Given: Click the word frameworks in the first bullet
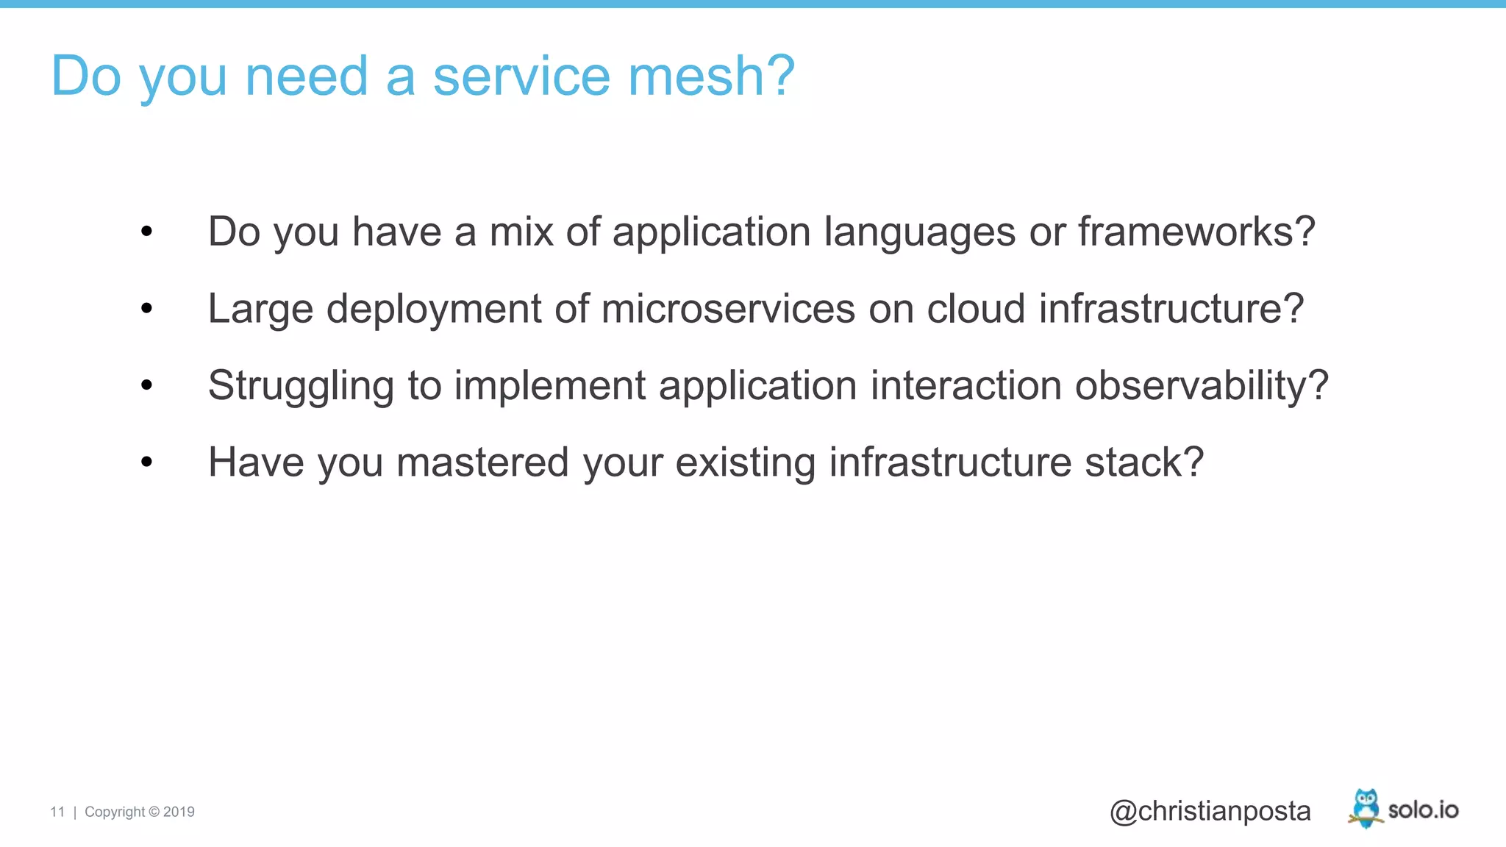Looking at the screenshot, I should [x=1185, y=232].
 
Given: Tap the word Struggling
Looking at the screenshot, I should [x=301, y=386].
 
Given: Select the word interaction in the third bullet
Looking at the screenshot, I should [x=966, y=385].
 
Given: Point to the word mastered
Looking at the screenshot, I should [x=482, y=462].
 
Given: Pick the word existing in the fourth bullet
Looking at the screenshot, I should [x=745, y=463].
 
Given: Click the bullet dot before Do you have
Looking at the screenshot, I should [x=146, y=232].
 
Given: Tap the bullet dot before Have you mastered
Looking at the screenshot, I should [x=146, y=462].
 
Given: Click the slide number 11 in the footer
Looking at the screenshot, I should [x=57, y=812].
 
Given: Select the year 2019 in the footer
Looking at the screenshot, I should [x=179, y=812].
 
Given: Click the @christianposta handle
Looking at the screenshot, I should [x=1210, y=811].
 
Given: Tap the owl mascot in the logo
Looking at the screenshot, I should [x=1366, y=808].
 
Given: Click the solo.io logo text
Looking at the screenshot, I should [x=1423, y=810].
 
